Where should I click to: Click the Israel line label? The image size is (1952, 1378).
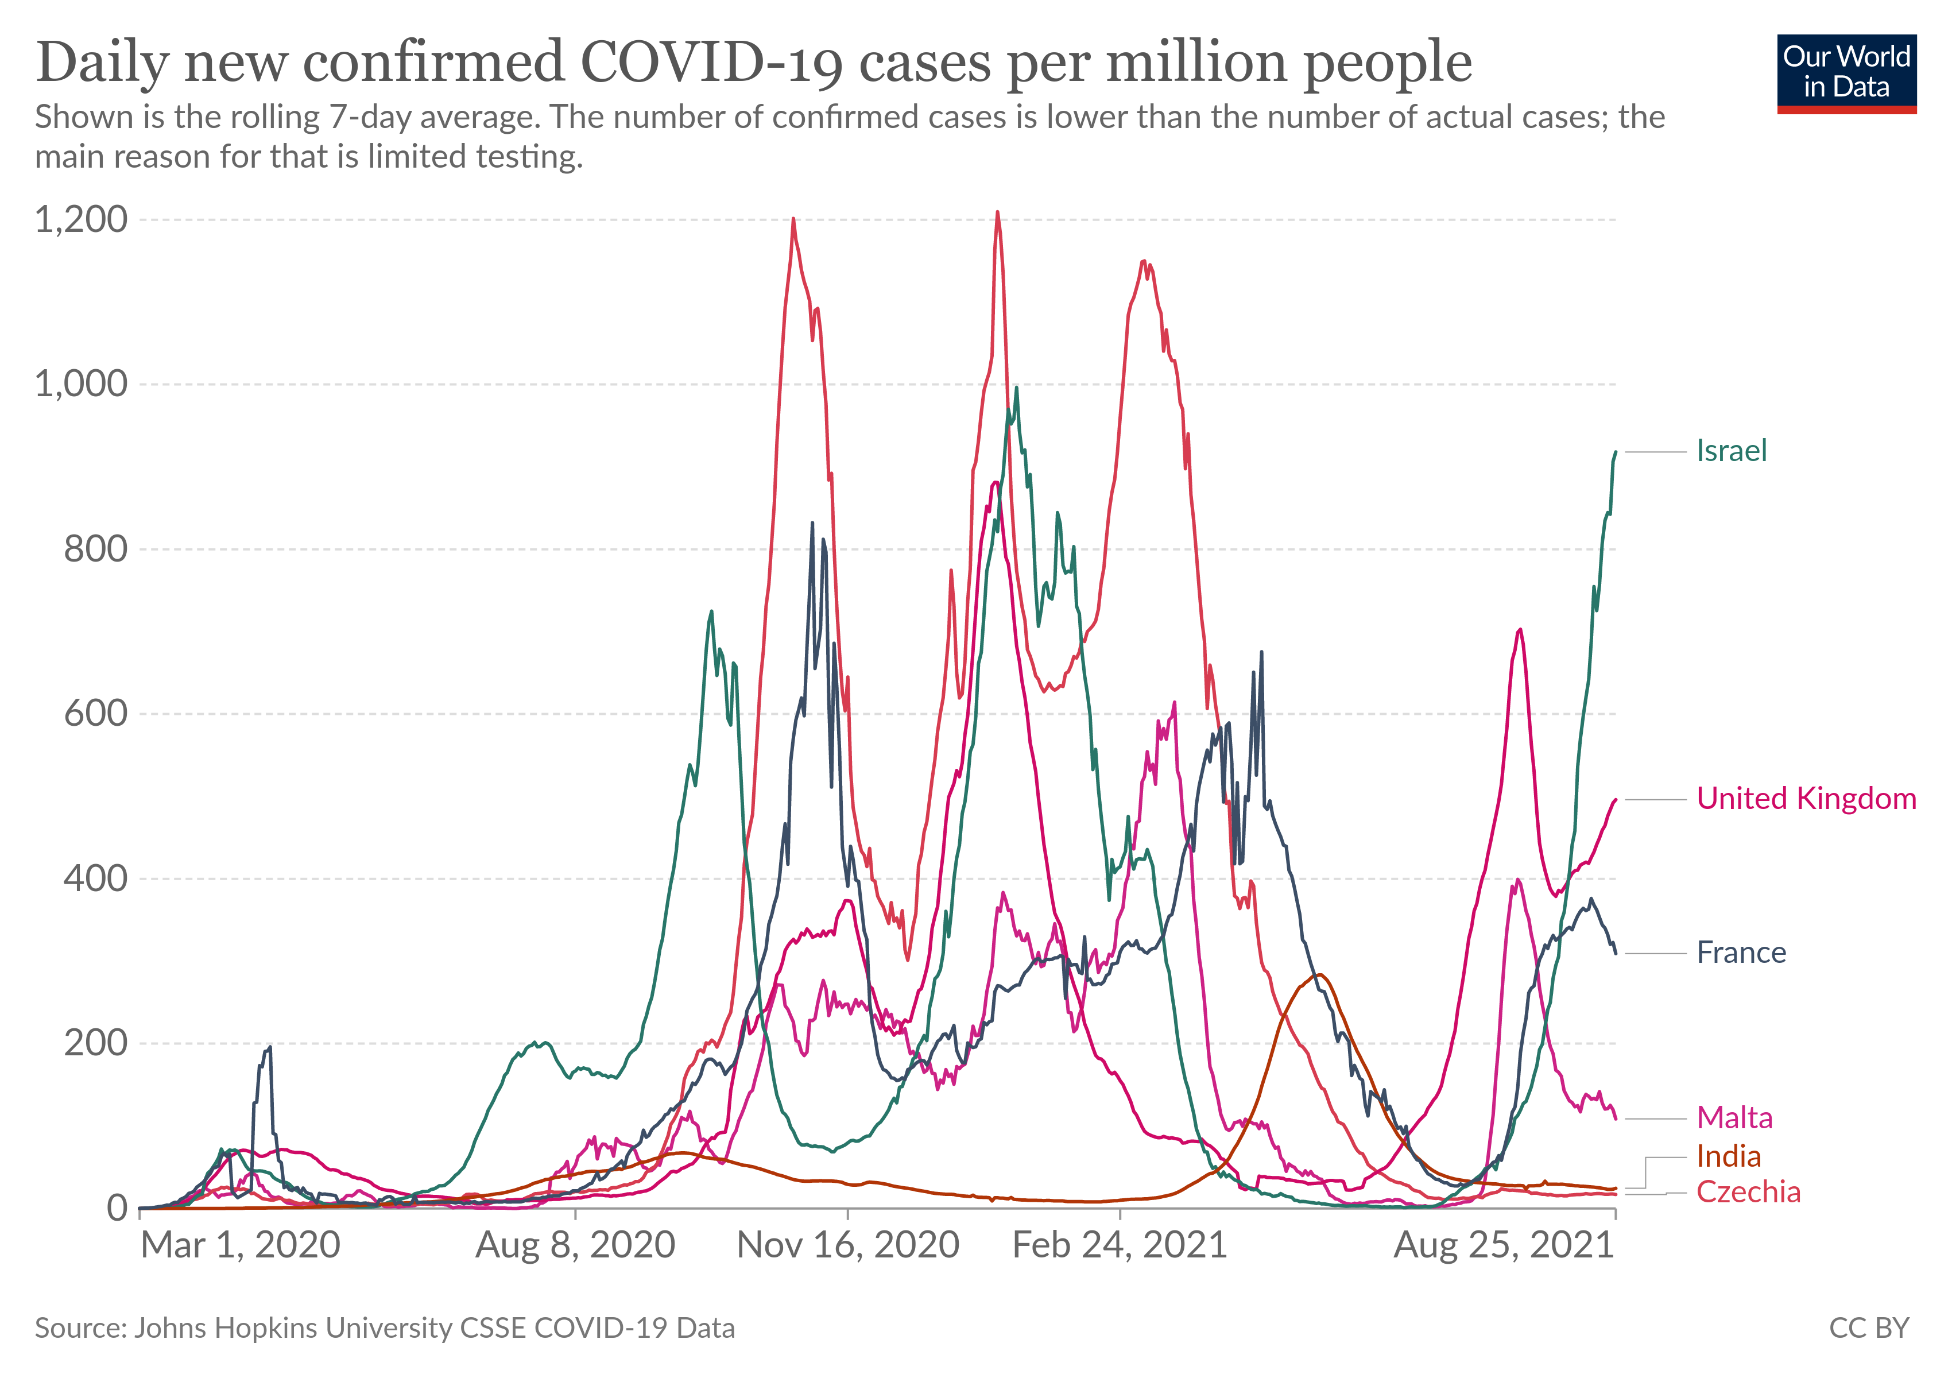(x=1731, y=451)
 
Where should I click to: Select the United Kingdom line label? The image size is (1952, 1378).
(x=1806, y=799)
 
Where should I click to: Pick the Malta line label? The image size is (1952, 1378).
(x=1734, y=1118)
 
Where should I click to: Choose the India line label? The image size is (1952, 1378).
(x=1729, y=1157)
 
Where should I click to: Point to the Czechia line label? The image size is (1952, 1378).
(x=1748, y=1193)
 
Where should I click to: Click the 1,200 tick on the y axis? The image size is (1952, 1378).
(x=81, y=219)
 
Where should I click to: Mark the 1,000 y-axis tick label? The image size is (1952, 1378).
(x=81, y=384)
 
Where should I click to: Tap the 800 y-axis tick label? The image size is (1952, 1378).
(x=95, y=549)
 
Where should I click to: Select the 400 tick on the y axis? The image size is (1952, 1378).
(x=95, y=878)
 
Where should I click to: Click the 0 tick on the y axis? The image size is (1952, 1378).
(x=117, y=1208)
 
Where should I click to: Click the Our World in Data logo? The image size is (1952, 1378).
(x=1846, y=73)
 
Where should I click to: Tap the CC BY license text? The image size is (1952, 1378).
(x=1869, y=1329)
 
